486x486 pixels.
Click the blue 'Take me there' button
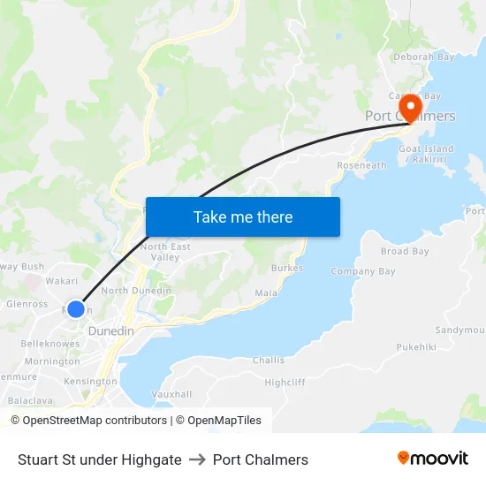coord(243,216)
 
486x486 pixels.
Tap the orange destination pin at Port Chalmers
coord(410,107)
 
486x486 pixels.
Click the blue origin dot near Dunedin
coord(76,309)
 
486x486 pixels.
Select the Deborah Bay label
coord(424,57)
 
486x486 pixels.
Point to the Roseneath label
coord(361,165)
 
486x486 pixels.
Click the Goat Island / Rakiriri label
coord(427,155)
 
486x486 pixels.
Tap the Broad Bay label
coord(405,251)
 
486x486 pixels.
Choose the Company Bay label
coord(363,271)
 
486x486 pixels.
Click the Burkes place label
coord(287,268)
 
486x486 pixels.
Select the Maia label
coord(266,292)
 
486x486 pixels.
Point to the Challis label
coord(269,360)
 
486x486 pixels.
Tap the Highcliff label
coord(285,382)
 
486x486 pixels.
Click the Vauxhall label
coord(171,393)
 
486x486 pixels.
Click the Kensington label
coord(90,382)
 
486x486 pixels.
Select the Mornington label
coord(52,361)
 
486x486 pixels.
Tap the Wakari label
coord(62,280)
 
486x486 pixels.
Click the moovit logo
coord(433,459)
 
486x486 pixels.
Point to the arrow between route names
coord(197,459)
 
